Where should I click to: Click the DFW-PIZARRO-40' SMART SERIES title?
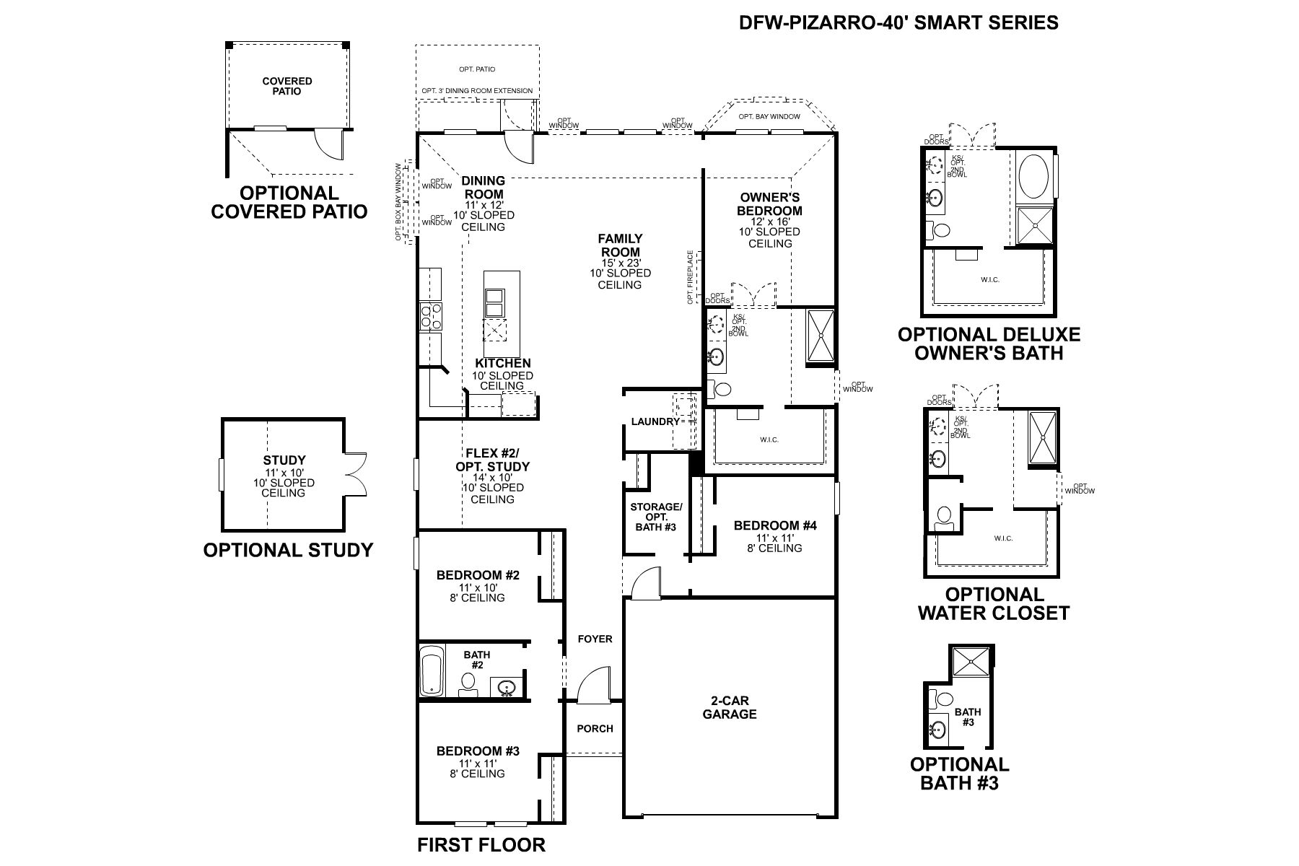click(898, 22)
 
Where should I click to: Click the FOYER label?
click(595, 639)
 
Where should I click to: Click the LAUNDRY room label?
click(655, 421)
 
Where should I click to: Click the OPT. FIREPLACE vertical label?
click(691, 276)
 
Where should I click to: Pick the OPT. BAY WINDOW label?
click(769, 116)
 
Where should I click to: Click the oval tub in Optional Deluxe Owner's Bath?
click(1035, 177)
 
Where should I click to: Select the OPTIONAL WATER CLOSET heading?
click(994, 604)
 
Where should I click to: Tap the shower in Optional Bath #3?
click(969, 660)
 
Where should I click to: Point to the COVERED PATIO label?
click(287, 87)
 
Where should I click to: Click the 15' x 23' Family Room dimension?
click(620, 263)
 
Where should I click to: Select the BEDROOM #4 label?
click(775, 525)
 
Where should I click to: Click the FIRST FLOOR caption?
click(481, 844)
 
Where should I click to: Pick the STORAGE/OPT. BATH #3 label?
click(655, 517)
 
